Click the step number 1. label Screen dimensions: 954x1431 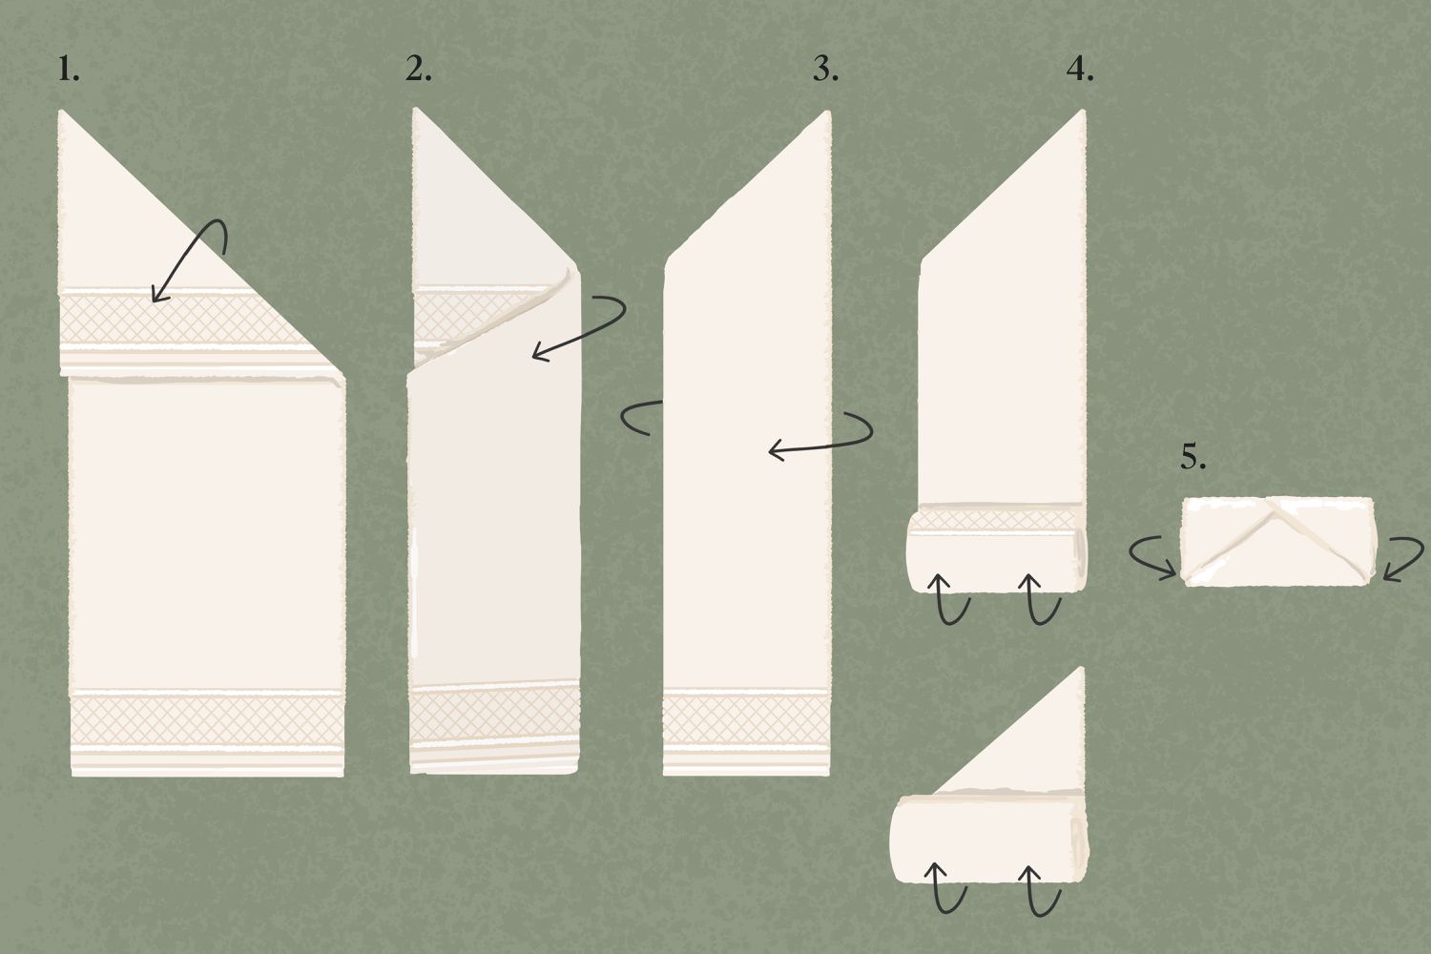pos(68,70)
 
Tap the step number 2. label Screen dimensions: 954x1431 pos(418,70)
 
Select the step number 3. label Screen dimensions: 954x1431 pos(825,70)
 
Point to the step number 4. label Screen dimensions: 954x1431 pos(1079,70)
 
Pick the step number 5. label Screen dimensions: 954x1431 pos(1192,458)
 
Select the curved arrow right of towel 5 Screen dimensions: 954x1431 pos(1402,558)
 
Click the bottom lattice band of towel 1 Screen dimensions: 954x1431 pos(207,719)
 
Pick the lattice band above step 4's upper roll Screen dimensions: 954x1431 pos(997,520)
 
